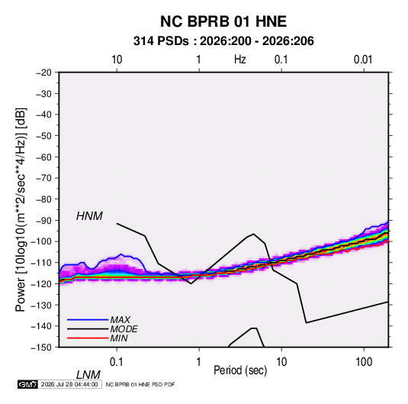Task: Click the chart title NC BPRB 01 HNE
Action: pyautogui.click(x=223, y=21)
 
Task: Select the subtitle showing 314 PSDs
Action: pyautogui.click(x=223, y=41)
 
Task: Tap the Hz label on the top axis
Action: pyautogui.click(x=240, y=60)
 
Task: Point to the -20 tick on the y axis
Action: pyautogui.click(x=43, y=73)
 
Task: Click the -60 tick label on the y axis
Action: pyautogui.click(x=43, y=157)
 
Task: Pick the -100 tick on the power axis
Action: pyautogui.click(x=41, y=241)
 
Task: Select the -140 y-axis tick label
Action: pyautogui.click(x=41, y=326)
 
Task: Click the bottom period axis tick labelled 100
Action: pyautogui.click(x=364, y=362)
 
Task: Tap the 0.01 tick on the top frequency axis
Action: pyautogui.click(x=363, y=60)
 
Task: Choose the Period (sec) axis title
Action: pyautogui.click(x=240, y=370)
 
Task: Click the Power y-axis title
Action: pyautogui.click(x=21, y=209)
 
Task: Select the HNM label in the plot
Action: pyautogui.click(x=89, y=216)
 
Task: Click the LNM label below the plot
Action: pyautogui.click(x=88, y=375)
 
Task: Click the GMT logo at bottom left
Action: pyautogui.click(x=27, y=384)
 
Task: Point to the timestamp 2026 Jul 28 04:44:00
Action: pyautogui.click(x=69, y=384)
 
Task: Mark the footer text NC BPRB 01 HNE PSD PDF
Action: pyautogui.click(x=140, y=384)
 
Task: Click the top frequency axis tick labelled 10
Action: pyautogui.click(x=117, y=60)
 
